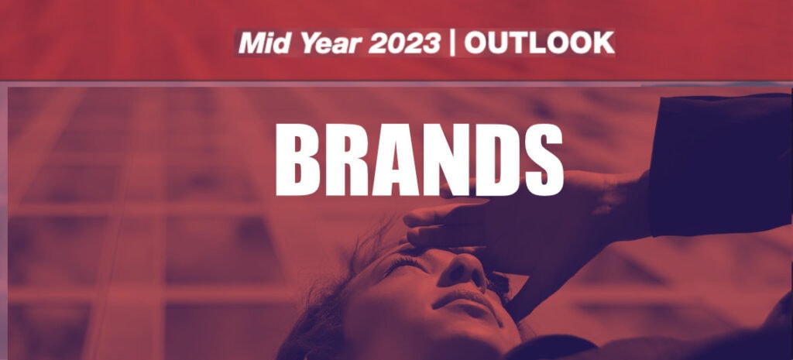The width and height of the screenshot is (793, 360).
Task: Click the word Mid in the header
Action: pyautogui.click(x=262, y=44)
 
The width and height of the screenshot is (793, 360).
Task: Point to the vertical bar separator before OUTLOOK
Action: pyautogui.click(x=453, y=44)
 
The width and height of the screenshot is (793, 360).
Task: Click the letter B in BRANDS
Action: pyautogui.click(x=302, y=160)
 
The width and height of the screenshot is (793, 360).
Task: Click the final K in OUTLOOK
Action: pyautogui.click(x=602, y=44)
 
